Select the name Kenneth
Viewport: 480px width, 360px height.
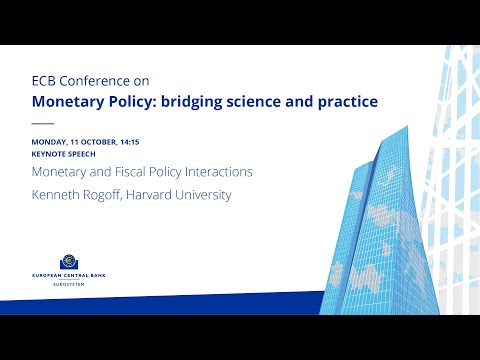tap(58, 195)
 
